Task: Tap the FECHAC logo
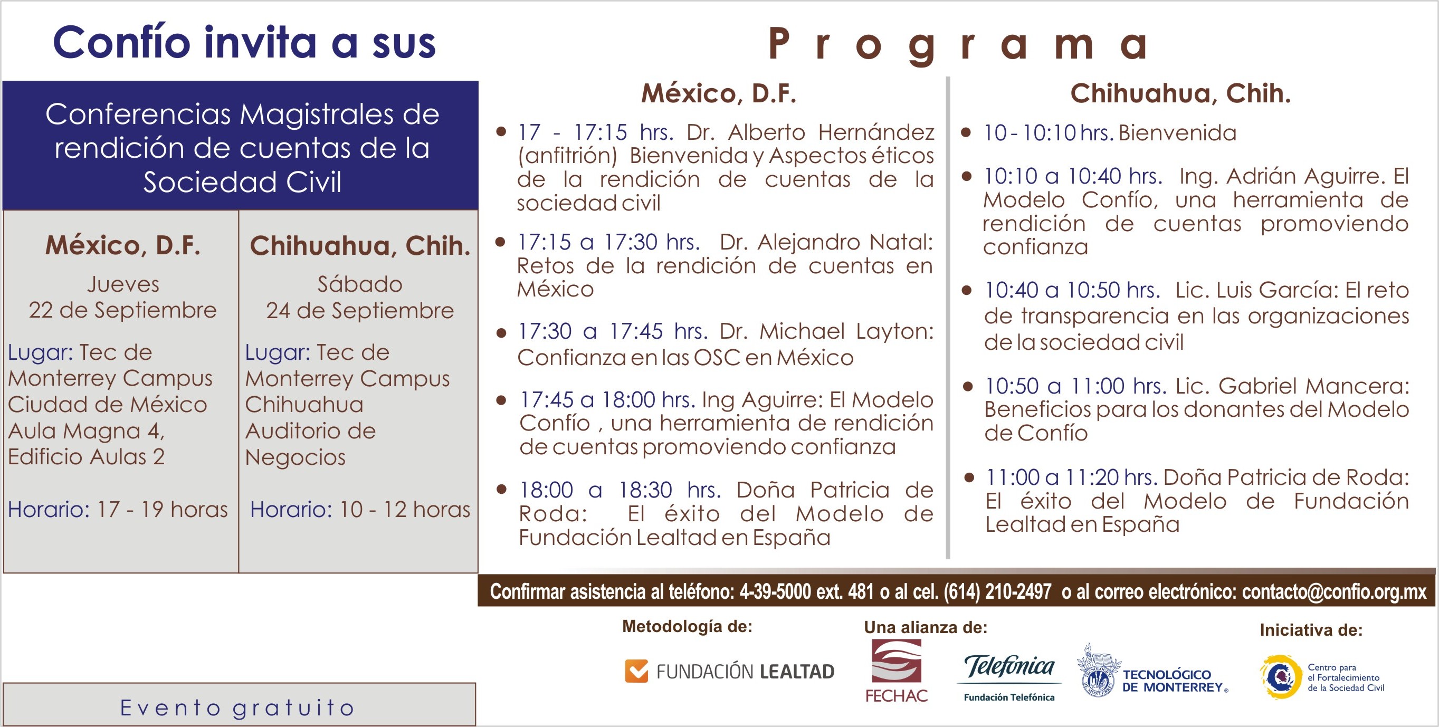click(x=897, y=671)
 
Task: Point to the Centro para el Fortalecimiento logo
click(x=1322, y=677)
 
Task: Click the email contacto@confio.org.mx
click(x=1335, y=592)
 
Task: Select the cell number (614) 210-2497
click(x=997, y=591)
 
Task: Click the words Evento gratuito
click(x=237, y=708)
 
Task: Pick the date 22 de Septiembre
click(x=123, y=310)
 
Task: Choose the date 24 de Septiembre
click(x=360, y=310)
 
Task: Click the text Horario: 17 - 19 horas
click(x=118, y=509)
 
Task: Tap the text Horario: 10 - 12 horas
click(x=360, y=509)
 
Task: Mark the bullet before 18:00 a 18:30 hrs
click(x=502, y=489)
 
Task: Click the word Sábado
click(x=360, y=284)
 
